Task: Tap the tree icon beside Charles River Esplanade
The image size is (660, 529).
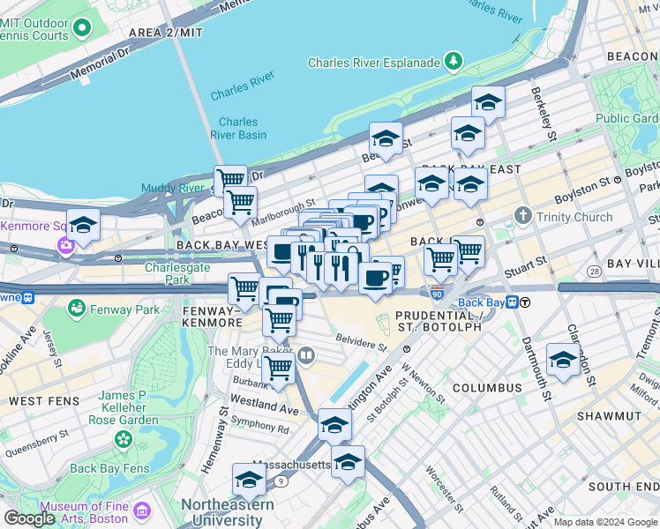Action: point(453,62)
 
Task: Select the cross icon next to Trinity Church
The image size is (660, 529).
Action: point(523,216)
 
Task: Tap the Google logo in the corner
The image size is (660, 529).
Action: point(29,518)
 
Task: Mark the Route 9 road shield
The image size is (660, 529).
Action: point(281,481)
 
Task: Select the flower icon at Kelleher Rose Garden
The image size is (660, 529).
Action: point(124,438)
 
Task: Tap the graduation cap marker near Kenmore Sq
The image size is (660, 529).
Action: point(83,225)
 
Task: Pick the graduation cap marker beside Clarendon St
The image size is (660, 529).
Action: point(563,360)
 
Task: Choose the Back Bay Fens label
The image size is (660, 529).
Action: point(109,468)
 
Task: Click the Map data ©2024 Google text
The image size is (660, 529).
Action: point(605,522)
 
